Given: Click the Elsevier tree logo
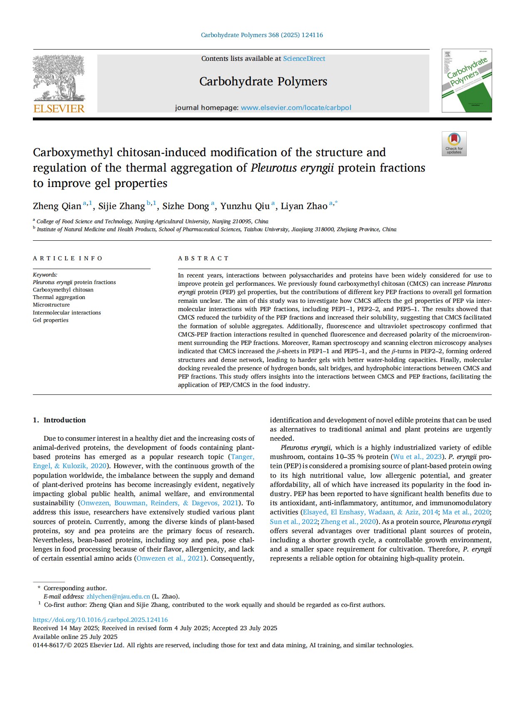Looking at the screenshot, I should click(x=59, y=78).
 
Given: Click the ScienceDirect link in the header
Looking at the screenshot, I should click(x=304, y=59).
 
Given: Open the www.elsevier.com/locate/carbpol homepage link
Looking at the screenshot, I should click(x=296, y=107).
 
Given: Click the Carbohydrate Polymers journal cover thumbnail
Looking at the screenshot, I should click(x=466, y=81).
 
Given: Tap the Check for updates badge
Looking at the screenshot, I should click(x=454, y=144).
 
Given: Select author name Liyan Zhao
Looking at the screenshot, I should click(x=304, y=206).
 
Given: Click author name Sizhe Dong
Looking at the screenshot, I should click(x=186, y=206).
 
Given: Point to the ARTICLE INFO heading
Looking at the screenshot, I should click(x=67, y=258).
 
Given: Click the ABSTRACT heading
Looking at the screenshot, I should click(x=203, y=258).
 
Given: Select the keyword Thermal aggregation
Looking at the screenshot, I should click(x=59, y=297).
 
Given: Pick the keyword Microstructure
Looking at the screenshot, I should click(x=51, y=305).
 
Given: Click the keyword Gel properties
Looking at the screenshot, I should click(x=50, y=320).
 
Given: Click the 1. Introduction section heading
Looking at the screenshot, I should click(x=59, y=420).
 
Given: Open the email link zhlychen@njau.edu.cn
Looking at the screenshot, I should click(x=118, y=596).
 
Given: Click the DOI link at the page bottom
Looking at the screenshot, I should click(x=100, y=620).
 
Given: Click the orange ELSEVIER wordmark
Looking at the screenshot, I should click(x=59, y=109).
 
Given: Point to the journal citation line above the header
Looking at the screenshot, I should click(x=262, y=35).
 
